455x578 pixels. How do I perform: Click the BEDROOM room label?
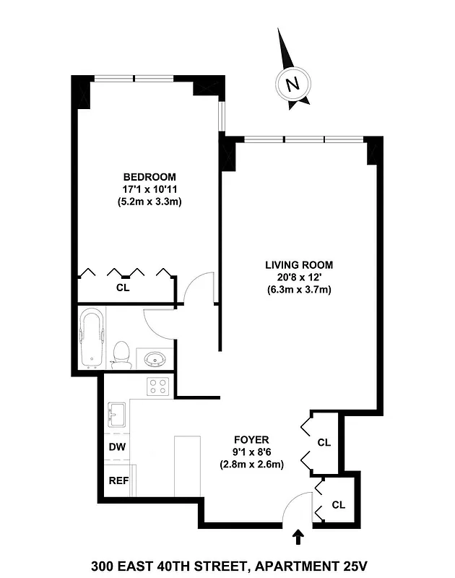tap(149, 177)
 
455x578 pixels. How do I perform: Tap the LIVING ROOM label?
tap(299, 264)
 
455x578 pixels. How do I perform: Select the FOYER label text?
tap(251, 439)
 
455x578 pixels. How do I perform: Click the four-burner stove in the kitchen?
tap(158, 387)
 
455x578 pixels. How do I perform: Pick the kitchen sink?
tap(118, 415)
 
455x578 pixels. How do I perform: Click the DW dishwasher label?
tap(117, 447)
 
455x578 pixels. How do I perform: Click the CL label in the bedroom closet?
tap(123, 287)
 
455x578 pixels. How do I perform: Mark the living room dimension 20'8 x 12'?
tap(299, 277)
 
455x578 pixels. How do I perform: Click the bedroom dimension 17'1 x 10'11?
tap(149, 189)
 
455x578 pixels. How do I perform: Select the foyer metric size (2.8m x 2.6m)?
tap(251, 465)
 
